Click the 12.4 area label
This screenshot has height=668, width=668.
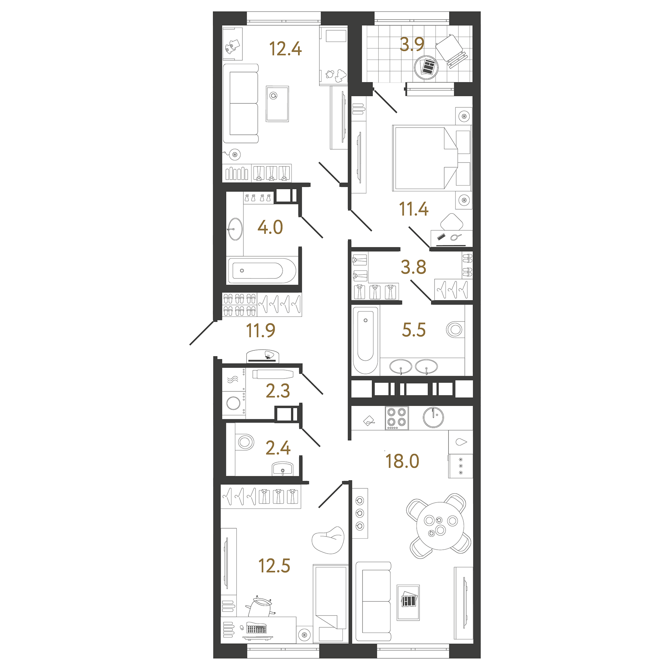point(285,49)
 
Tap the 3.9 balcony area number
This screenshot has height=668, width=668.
point(412,45)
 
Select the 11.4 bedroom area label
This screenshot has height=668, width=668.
point(413,209)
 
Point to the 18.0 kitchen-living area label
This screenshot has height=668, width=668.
point(402,461)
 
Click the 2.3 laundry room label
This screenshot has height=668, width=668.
point(278,391)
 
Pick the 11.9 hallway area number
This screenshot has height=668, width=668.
point(261,330)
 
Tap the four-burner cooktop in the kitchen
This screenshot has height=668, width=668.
point(397,417)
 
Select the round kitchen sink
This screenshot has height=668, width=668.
point(433,417)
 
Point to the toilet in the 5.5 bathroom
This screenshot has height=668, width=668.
point(455,330)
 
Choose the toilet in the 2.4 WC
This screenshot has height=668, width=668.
point(245,442)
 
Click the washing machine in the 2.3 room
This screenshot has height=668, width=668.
point(233,404)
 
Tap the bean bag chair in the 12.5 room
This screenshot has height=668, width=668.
point(328,540)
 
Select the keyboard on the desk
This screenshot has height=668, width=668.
point(256,629)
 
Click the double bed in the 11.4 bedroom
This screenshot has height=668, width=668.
point(424,158)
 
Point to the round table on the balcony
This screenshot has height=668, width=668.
point(426,67)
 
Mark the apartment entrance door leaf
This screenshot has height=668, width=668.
point(202,333)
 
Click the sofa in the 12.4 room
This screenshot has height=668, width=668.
point(241,103)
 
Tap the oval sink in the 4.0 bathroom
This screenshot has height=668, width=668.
point(235,229)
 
